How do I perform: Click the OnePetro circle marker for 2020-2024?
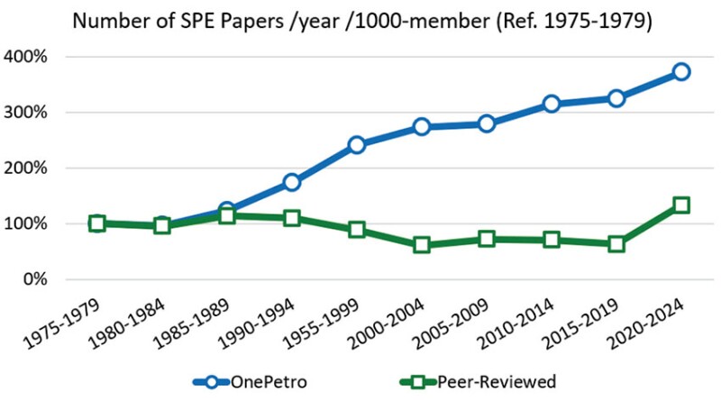point(681,71)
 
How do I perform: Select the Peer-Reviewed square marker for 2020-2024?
point(681,205)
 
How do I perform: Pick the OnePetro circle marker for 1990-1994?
point(292,182)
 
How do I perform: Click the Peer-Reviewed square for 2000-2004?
point(422,245)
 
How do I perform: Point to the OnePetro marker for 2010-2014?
point(552,105)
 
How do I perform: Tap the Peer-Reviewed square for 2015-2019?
point(616,243)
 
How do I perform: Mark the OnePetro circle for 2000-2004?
point(422,127)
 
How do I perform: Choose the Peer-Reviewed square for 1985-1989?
point(227,216)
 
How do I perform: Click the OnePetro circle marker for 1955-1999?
point(357,144)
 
